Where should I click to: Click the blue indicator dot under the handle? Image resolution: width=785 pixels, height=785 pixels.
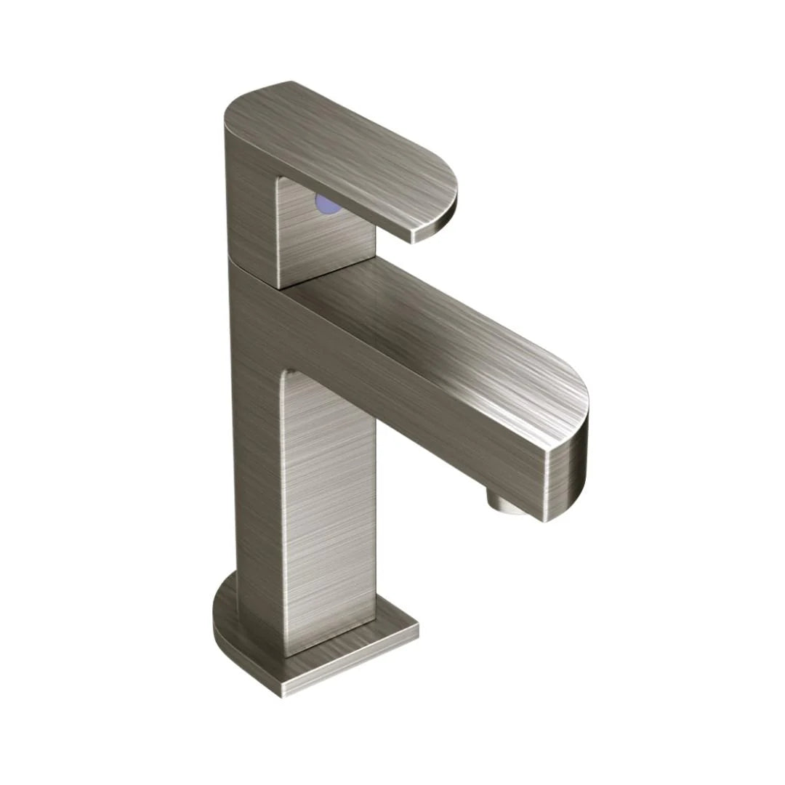coord(328,206)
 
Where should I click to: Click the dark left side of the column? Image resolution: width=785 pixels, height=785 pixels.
coord(254,465)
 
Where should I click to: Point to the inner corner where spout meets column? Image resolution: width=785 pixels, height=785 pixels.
coord(285,372)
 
